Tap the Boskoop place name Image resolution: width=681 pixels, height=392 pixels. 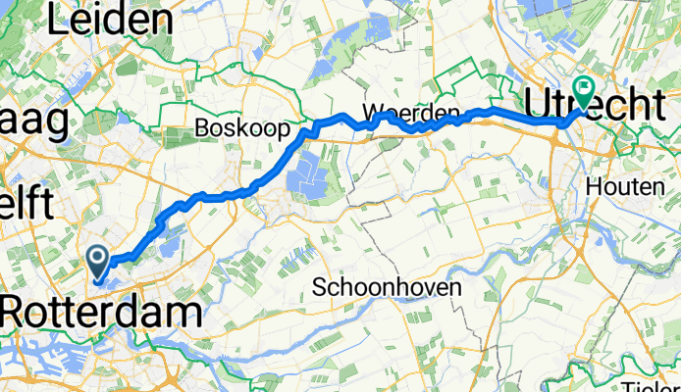(x=241, y=128)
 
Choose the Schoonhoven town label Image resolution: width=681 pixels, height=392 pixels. (x=382, y=286)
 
